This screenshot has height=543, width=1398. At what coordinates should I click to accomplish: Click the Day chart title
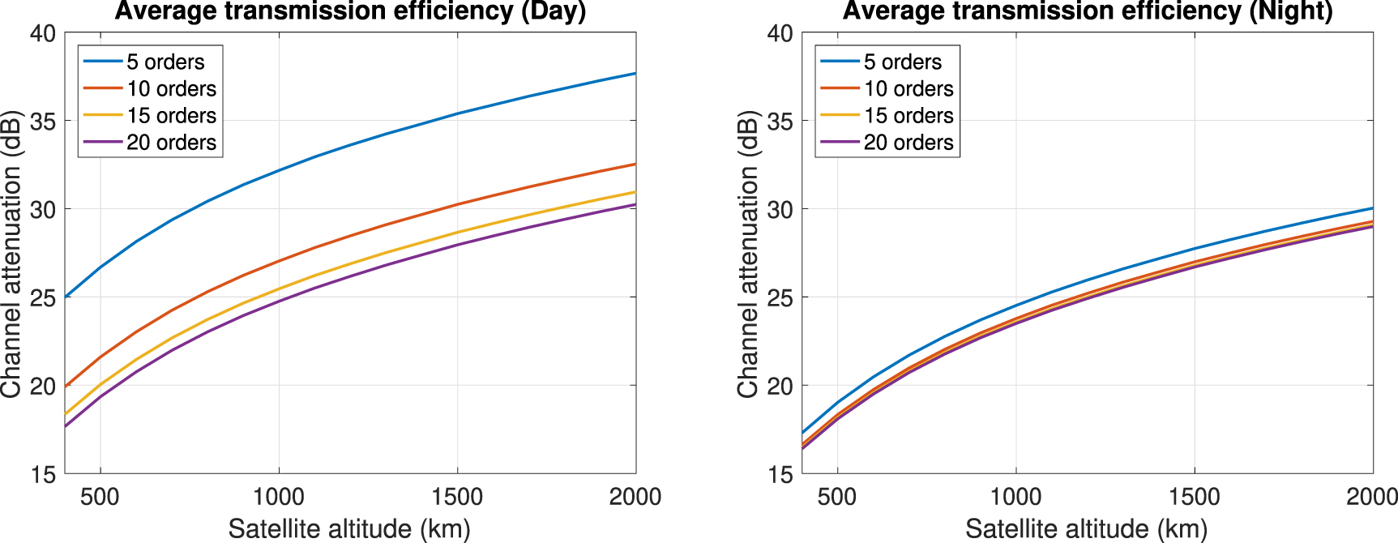pyautogui.click(x=350, y=11)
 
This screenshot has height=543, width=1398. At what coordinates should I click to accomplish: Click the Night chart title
pyautogui.click(x=1088, y=11)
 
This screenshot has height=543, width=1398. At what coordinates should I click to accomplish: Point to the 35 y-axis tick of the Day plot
pyautogui.click(x=43, y=121)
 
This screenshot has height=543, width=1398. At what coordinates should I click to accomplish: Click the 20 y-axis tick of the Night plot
pyautogui.click(x=780, y=386)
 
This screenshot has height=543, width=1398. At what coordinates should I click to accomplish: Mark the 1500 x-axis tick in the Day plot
pyautogui.click(x=457, y=496)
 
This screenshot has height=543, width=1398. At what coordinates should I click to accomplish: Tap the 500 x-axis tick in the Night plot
pyautogui.click(x=837, y=496)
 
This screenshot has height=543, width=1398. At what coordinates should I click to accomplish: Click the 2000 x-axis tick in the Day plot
pyautogui.click(x=635, y=496)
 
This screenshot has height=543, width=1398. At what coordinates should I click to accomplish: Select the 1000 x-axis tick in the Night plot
pyautogui.click(x=1015, y=496)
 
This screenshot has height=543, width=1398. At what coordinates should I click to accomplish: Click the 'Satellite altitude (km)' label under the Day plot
pyautogui.click(x=349, y=528)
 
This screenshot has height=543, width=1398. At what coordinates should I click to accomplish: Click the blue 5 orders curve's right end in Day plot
pyautogui.click(x=635, y=74)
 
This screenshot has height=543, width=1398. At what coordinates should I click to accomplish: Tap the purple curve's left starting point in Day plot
pyautogui.click(x=66, y=426)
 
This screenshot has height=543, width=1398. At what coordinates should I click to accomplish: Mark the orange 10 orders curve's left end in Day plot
pyautogui.click(x=66, y=387)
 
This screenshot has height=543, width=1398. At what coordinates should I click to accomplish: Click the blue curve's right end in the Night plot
pyautogui.click(x=1372, y=208)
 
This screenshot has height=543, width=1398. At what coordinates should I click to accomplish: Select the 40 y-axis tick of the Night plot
pyautogui.click(x=780, y=33)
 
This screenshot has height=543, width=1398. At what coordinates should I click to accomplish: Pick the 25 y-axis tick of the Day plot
pyautogui.click(x=43, y=297)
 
